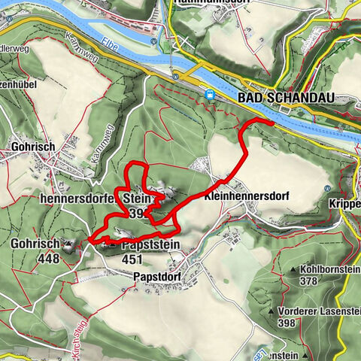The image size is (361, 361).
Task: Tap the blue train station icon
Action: tap(210, 95)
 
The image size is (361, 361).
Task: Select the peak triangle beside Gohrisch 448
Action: tap(68, 245)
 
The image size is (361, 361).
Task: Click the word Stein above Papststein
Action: tap(134, 199)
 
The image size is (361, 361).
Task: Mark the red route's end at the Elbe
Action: tap(271, 120)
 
